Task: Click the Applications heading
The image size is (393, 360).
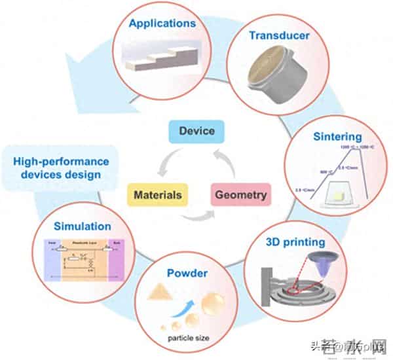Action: pos(162,24)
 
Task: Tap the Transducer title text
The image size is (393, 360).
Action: pos(278,35)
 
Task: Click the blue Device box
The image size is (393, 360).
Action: pos(196,131)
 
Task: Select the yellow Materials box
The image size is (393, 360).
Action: pos(157,195)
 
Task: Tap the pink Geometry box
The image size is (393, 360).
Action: pos(240,195)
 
